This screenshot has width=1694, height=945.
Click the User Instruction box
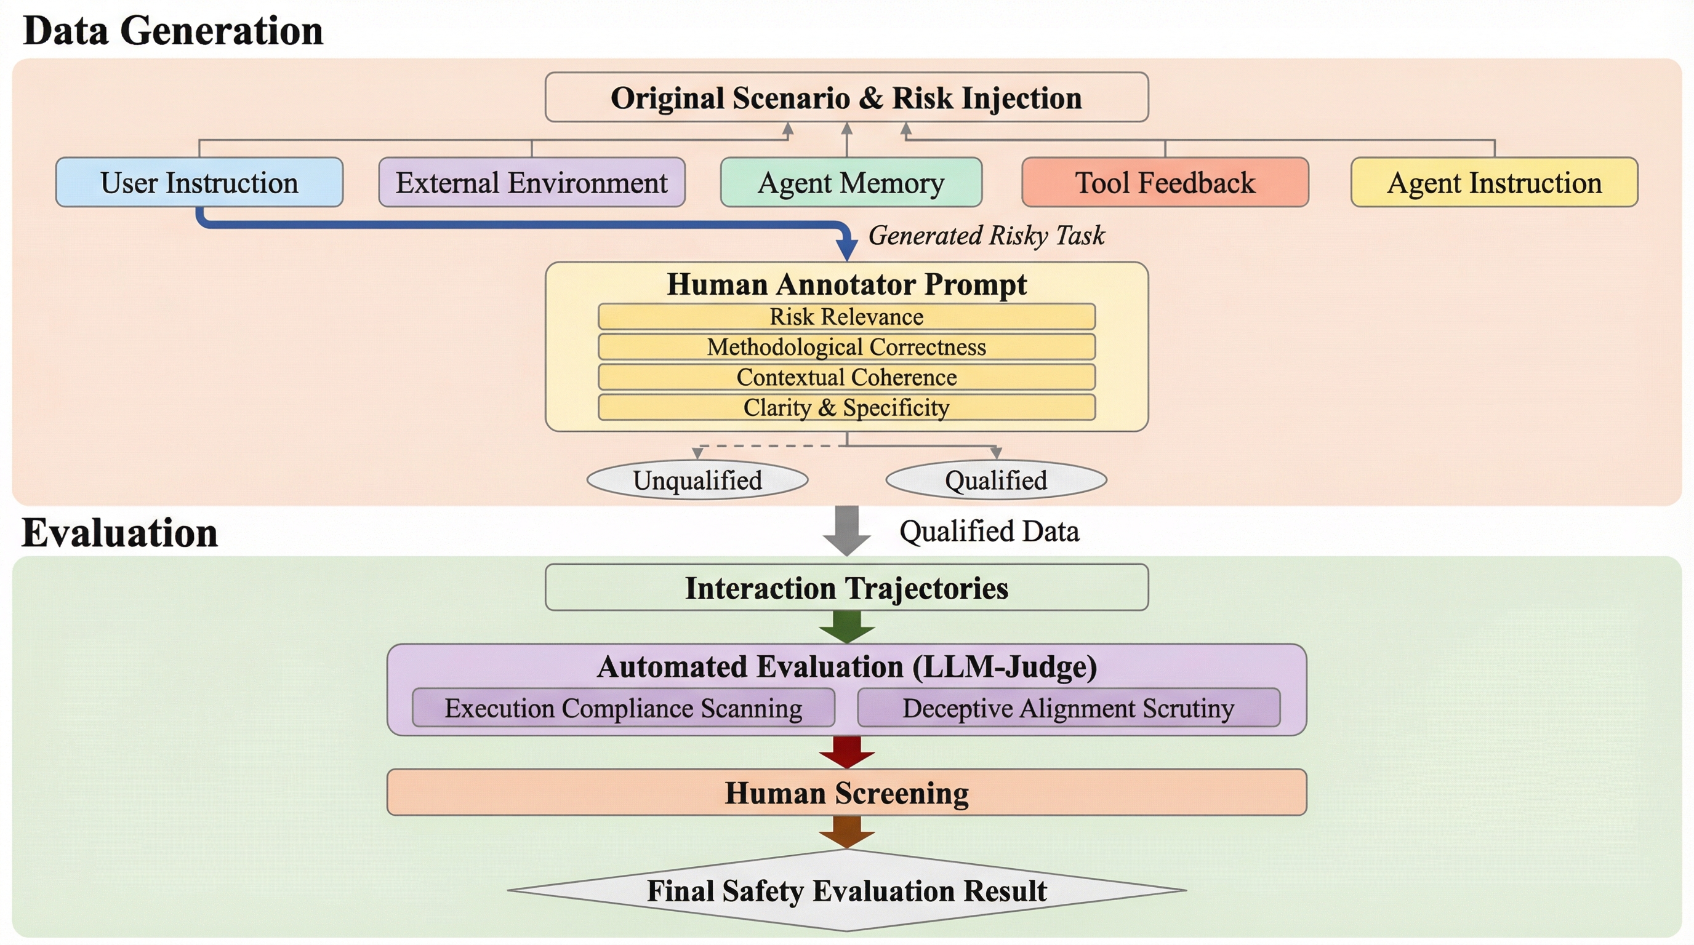(199, 182)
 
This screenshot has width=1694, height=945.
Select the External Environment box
(531, 182)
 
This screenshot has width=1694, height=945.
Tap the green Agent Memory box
(851, 182)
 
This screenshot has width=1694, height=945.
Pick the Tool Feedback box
(1165, 182)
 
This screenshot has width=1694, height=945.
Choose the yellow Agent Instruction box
(1494, 182)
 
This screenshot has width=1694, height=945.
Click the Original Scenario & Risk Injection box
(846, 97)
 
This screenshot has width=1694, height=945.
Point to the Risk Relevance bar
(846, 316)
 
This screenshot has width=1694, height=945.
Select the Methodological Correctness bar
(846, 346)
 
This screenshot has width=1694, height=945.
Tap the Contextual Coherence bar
(846, 377)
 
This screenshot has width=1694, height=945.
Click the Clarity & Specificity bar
(846, 407)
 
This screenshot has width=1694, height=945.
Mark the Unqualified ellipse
(697, 480)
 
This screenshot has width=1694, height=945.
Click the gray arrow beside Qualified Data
(847, 530)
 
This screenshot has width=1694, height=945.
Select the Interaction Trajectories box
(846, 587)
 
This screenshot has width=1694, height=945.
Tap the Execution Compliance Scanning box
(623, 708)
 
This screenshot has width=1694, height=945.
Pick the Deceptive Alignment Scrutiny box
(1069, 708)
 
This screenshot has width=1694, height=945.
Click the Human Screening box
(846, 792)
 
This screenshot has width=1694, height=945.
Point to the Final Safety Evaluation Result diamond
(846, 890)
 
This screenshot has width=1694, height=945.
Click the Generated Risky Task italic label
(986, 235)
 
